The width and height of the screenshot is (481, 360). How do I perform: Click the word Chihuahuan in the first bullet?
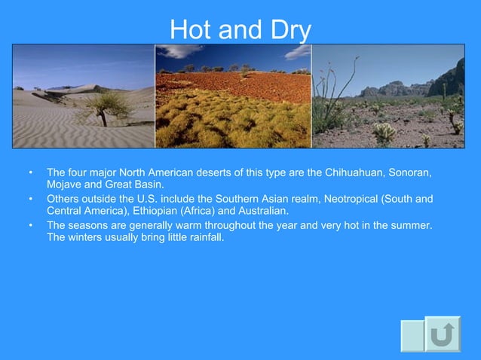pos(354,173)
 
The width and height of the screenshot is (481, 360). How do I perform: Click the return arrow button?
pos(442,334)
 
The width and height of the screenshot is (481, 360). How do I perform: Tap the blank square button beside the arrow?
pos(412,334)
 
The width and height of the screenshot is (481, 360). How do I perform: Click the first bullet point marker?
pos(30,173)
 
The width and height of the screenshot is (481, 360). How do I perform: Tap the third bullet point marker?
pos(30,224)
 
